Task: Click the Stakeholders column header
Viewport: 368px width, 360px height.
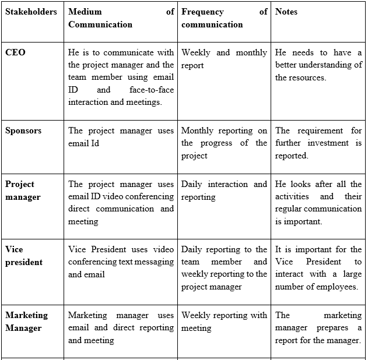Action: tap(31, 12)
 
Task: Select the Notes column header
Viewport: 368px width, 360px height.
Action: tap(286, 12)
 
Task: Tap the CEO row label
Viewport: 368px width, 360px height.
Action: tap(15, 52)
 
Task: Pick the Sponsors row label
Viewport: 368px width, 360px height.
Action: tap(23, 130)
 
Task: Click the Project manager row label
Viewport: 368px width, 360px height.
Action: tap(23, 190)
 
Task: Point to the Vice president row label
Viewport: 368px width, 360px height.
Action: tap(24, 256)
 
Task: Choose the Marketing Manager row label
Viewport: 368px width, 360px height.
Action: tap(26, 322)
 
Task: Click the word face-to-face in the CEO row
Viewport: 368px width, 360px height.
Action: tap(152, 90)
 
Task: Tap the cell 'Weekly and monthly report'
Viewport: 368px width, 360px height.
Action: tap(224, 59)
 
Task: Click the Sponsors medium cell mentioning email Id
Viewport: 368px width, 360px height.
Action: tap(121, 137)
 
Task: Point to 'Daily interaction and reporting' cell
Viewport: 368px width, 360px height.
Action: tap(224, 190)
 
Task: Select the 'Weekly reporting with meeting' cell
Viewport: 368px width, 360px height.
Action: tap(224, 322)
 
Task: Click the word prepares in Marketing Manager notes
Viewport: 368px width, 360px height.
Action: tap(332, 328)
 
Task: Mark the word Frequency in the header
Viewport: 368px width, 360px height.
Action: tap(202, 12)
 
